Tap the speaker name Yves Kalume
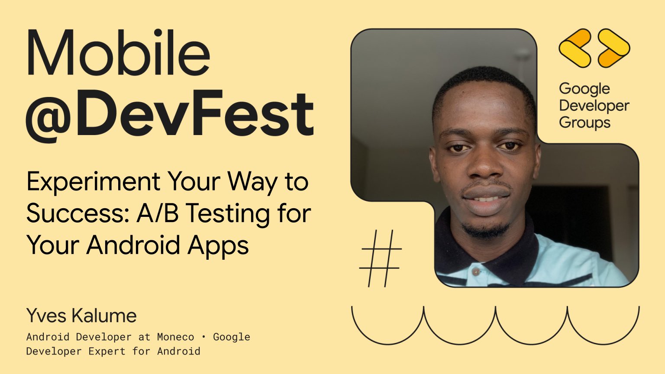[x=81, y=316]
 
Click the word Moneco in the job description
[x=175, y=337]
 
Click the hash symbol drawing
[x=381, y=258]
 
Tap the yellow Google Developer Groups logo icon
[x=594, y=48]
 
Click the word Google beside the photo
[x=584, y=89]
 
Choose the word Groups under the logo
[x=584, y=123]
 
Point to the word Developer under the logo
[x=594, y=106]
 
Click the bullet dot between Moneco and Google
[x=203, y=337]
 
